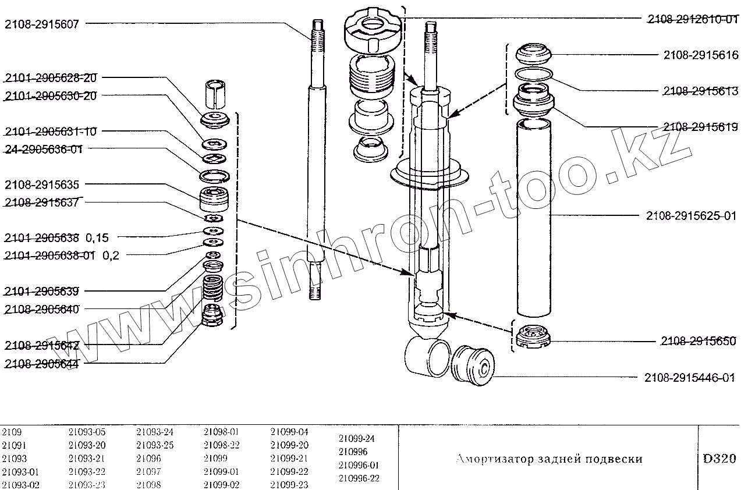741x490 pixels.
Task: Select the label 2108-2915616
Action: [700, 55]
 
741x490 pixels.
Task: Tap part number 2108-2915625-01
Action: [692, 215]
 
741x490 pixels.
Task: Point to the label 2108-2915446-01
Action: [690, 378]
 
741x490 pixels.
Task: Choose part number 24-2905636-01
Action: [44, 149]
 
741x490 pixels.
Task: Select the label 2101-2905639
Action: [41, 290]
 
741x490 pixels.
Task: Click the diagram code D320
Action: [719, 458]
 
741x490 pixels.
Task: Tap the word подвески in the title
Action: [617, 459]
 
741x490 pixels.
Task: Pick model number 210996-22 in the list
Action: [359, 478]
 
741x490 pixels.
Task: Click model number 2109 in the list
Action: [12, 432]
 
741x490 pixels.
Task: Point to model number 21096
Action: [148, 459]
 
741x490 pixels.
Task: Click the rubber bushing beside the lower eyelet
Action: [473, 365]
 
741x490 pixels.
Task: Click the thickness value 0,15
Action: [97, 237]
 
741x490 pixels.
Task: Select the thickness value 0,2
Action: [111, 255]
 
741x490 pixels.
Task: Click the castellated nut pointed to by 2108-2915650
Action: [533, 337]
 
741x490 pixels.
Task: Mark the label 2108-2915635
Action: [41, 185]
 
